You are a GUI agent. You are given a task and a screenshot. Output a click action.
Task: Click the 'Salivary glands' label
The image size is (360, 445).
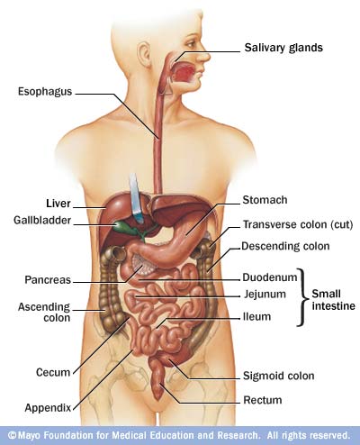(283, 48)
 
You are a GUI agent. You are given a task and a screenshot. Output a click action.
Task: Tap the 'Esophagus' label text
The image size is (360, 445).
(45, 91)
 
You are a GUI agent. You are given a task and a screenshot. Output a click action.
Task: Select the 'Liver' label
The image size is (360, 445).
(58, 204)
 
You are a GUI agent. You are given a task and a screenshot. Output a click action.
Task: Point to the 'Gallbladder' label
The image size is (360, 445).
(42, 220)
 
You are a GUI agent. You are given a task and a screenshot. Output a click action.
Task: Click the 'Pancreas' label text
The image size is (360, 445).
(48, 280)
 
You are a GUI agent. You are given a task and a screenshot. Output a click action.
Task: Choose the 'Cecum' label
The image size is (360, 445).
(53, 372)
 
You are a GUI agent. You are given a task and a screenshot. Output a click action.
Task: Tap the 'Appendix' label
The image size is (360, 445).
(48, 408)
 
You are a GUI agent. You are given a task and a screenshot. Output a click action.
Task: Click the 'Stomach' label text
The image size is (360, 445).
(265, 200)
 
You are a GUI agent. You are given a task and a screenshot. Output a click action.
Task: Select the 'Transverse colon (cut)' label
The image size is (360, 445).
(298, 224)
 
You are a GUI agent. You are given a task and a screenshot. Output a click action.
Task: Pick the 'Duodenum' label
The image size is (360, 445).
(270, 277)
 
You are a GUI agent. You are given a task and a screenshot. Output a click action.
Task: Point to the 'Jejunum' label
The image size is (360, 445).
(265, 294)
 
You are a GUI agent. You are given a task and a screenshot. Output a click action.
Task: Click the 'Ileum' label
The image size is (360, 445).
(256, 316)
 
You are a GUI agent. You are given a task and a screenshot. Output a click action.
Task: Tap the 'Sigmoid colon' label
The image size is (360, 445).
(279, 376)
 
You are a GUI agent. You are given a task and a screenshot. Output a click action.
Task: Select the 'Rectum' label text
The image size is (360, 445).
(263, 400)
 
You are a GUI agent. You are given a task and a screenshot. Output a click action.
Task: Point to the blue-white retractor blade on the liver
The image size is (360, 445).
(136, 198)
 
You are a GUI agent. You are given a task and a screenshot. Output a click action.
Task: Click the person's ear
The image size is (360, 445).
(144, 55)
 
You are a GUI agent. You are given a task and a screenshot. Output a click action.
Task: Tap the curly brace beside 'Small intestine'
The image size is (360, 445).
(302, 297)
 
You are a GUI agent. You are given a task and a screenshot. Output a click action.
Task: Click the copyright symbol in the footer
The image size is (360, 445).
(13, 435)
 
